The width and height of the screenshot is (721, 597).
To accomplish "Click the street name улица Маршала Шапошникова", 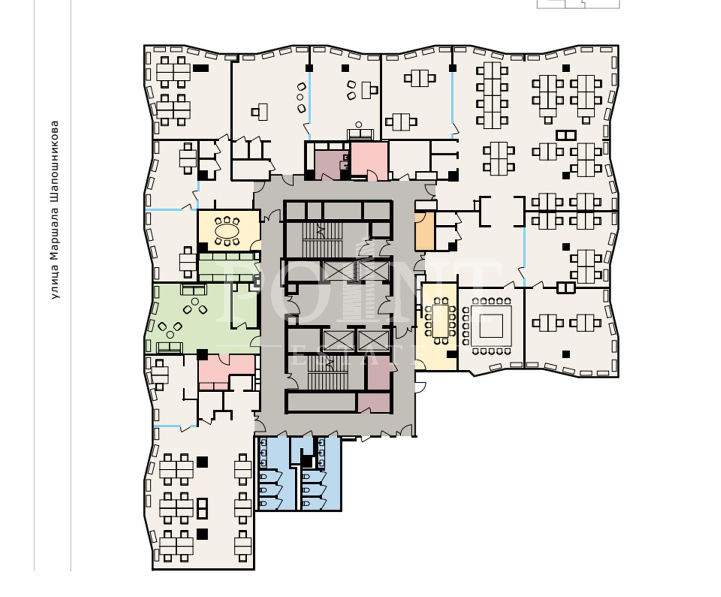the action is coord(55,209).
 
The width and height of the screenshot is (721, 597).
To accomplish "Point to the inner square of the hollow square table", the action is coord(491,326).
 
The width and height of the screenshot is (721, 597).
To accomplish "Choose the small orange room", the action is coord(424,231).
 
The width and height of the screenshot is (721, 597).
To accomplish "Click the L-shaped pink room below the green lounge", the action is coord(226,372).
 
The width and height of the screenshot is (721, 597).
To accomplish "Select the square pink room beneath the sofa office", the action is coord(369,160).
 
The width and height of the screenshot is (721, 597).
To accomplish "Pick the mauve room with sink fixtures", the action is coord(332,165).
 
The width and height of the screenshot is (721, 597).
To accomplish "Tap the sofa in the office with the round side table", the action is coord(360,134).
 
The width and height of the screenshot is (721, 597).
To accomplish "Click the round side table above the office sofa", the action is coord(359,125).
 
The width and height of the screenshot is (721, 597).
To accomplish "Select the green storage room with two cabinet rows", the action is coord(229,267).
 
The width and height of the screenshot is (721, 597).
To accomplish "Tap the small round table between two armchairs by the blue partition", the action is coord(300,97).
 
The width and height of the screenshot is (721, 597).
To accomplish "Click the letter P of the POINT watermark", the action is coord(242,292).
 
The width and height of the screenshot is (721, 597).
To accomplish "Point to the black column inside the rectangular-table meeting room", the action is coord(451,354).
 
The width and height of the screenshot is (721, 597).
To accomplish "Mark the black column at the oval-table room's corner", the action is coord(203,247).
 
